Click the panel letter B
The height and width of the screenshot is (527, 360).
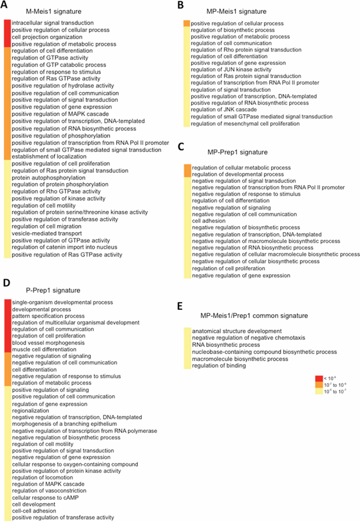(180, 5)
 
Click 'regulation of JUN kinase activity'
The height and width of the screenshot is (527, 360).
(231, 70)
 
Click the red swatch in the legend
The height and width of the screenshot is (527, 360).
(318, 378)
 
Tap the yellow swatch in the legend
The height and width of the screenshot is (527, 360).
(318, 391)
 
